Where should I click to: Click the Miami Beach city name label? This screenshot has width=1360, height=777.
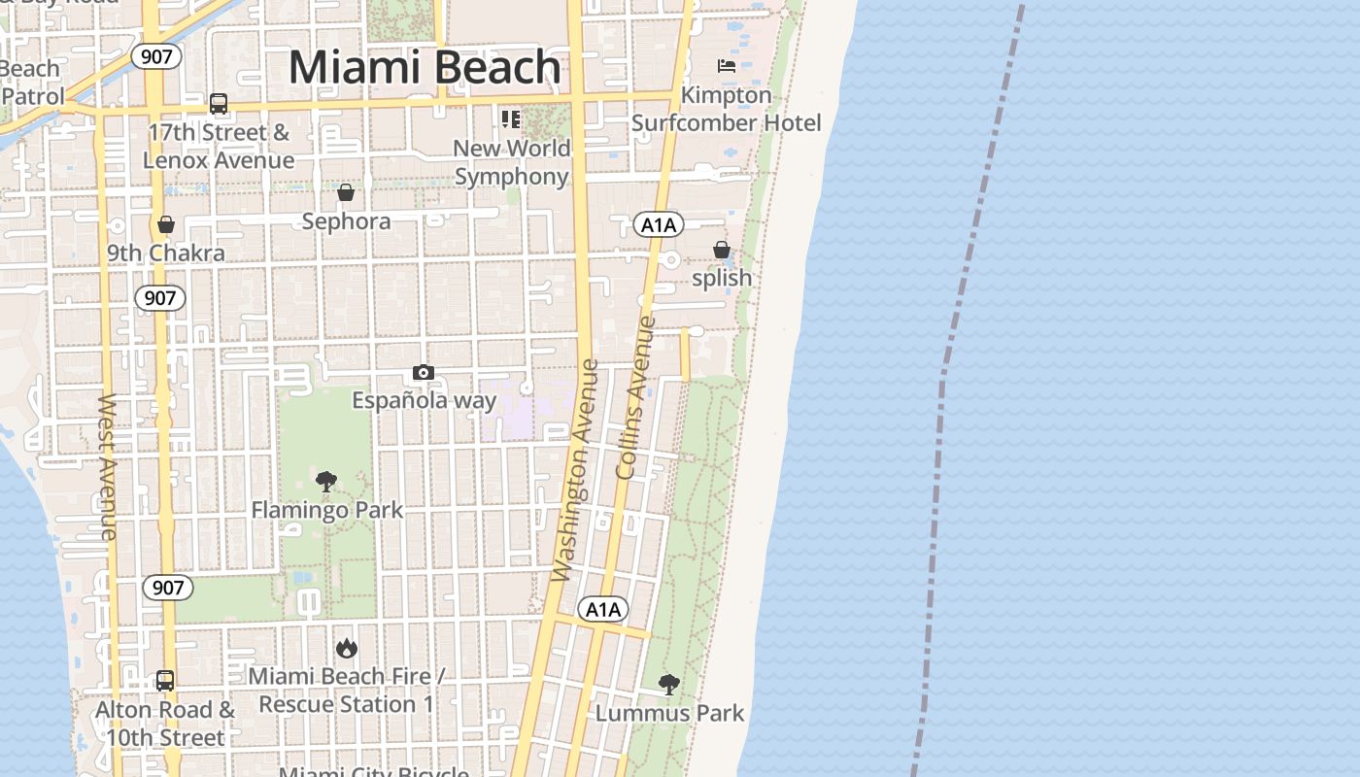425,68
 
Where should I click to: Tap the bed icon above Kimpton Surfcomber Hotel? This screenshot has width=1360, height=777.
726,66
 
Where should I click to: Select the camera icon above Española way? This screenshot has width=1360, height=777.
423,373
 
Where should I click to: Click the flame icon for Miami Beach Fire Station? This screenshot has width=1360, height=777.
346,648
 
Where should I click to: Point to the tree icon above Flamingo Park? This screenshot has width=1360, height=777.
326,481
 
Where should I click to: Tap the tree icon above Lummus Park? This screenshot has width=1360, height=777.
668,684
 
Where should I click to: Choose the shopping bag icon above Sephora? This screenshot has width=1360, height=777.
346,192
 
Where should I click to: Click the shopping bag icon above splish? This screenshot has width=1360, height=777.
721,250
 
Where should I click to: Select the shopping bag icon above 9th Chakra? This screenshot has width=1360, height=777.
166,224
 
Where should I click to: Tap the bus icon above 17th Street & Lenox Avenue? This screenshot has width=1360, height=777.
219,104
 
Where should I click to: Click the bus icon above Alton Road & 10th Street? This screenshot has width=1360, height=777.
165,681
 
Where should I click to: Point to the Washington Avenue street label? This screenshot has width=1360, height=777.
576,471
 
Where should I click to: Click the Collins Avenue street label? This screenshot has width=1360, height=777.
636,397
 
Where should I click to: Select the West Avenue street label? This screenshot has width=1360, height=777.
107,466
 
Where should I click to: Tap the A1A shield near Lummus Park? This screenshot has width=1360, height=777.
603,610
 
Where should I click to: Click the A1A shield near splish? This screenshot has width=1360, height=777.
659,225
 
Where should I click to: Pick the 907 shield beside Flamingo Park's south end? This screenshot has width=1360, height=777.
167,588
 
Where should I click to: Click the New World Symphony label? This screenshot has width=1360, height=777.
511,162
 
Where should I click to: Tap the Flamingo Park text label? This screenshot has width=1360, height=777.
326,510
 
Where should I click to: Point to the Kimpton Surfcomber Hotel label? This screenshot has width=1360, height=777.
727,109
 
